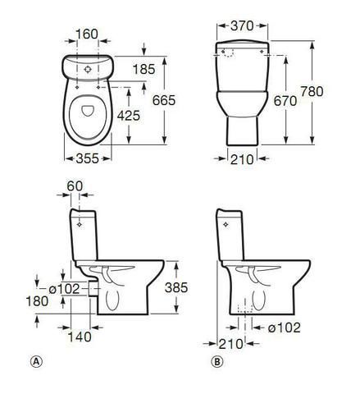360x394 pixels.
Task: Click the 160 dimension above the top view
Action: [86, 34]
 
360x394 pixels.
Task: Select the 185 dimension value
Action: [144, 69]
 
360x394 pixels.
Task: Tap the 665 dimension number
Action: [164, 100]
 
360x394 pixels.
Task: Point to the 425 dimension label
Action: [129, 116]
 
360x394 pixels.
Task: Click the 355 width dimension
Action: [87, 158]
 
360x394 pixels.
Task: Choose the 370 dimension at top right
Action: [242, 26]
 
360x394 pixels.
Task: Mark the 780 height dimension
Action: [312, 91]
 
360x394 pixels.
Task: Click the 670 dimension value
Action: [285, 101]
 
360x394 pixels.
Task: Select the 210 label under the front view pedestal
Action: [242, 159]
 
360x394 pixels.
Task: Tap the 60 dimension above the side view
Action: [75, 186]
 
